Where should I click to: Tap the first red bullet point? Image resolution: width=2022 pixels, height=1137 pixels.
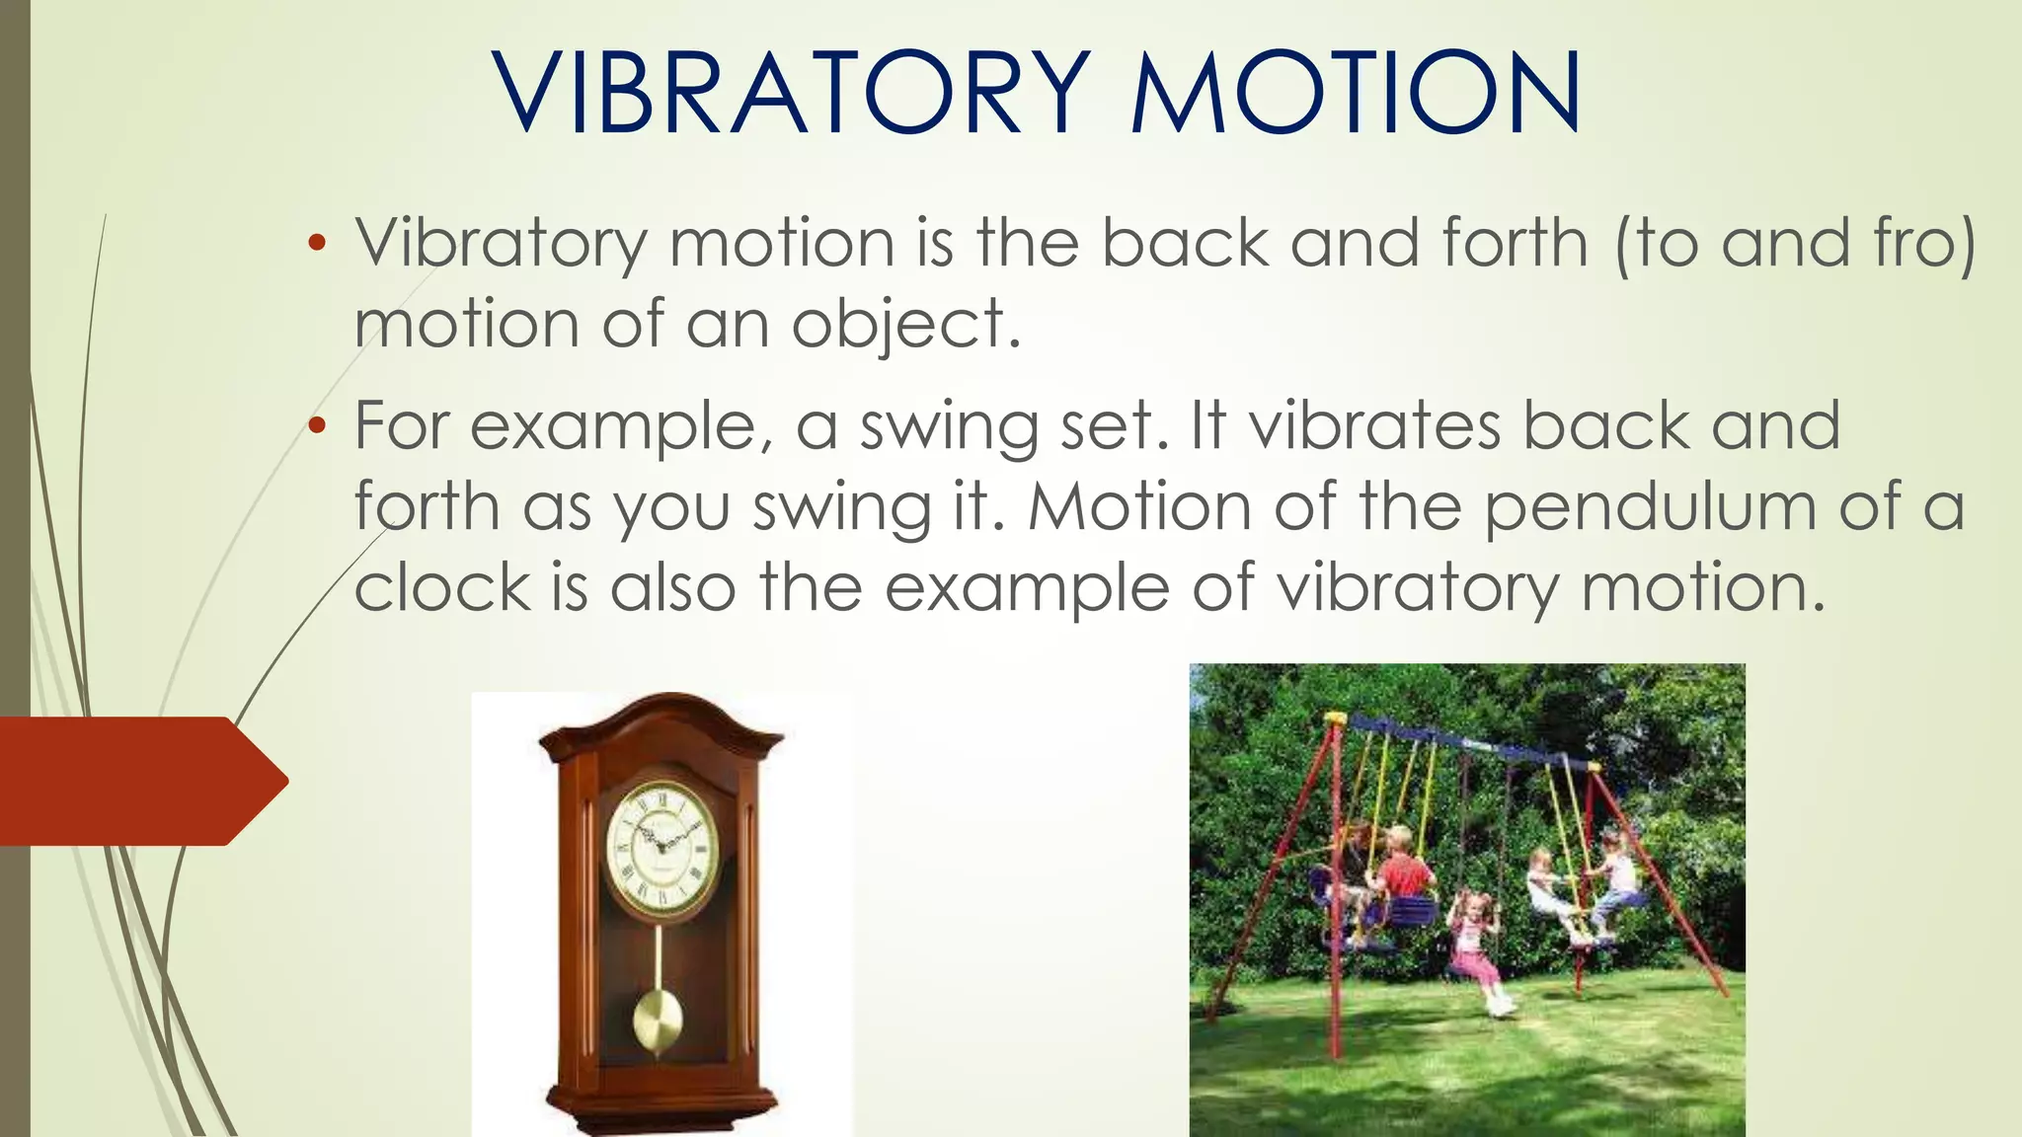click(x=316, y=244)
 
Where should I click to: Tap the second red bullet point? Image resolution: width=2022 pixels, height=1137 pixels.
click(x=316, y=426)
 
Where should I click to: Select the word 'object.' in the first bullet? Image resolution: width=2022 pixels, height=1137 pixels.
click(x=905, y=325)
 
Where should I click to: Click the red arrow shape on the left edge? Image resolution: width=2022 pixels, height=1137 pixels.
click(x=138, y=781)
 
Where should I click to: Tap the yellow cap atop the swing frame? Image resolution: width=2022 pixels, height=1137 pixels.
click(x=1335, y=718)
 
